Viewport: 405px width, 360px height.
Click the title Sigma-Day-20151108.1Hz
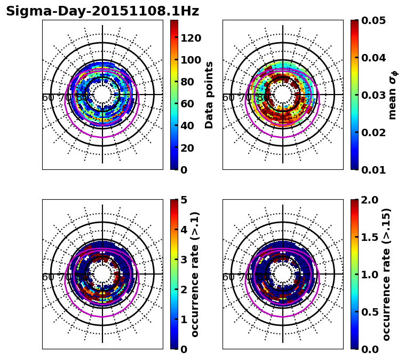point(102,11)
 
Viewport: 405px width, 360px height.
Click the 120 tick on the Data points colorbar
point(190,37)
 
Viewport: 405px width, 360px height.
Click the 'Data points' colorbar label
point(209,95)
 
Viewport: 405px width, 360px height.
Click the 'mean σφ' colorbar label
point(392,95)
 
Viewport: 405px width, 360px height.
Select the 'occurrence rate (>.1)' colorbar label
point(195,274)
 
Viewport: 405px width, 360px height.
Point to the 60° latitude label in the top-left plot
point(48,98)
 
